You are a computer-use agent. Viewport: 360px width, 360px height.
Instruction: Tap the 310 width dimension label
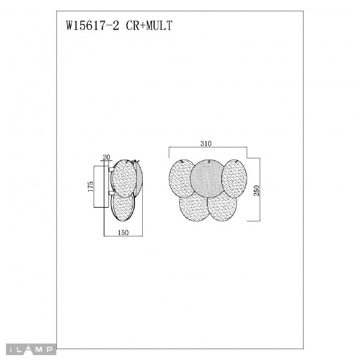[208, 143]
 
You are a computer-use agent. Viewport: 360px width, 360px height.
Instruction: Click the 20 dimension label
[107, 157]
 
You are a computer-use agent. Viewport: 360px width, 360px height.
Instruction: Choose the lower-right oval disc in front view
[222, 208]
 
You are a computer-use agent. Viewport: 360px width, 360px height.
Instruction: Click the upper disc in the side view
[125, 177]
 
